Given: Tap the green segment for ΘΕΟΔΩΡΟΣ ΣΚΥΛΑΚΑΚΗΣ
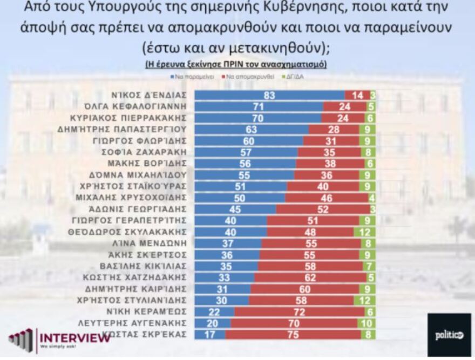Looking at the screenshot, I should pyautogui.click(x=364, y=232).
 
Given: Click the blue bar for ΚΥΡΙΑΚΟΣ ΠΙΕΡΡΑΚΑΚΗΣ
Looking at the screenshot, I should pyautogui.click(x=257, y=118).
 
